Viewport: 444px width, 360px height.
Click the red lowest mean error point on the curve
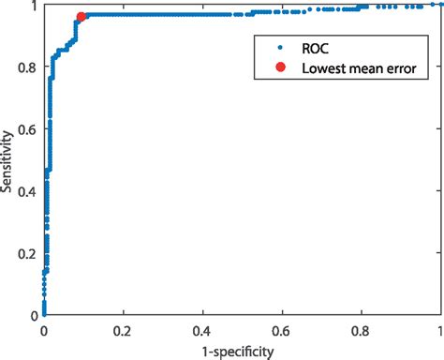[x=81, y=16]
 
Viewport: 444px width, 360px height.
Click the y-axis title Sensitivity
[x=8, y=160]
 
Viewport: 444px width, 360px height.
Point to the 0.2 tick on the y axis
[x=28, y=255]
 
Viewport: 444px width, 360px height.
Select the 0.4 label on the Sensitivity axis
[x=28, y=192]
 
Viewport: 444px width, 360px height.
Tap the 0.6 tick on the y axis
[x=28, y=129]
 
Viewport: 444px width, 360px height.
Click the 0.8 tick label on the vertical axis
[x=28, y=67]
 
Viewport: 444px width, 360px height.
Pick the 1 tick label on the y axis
[x=34, y=6]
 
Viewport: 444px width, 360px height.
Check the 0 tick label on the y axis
[x=34, y=317]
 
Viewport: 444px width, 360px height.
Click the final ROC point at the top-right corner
[x=437, y=5]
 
